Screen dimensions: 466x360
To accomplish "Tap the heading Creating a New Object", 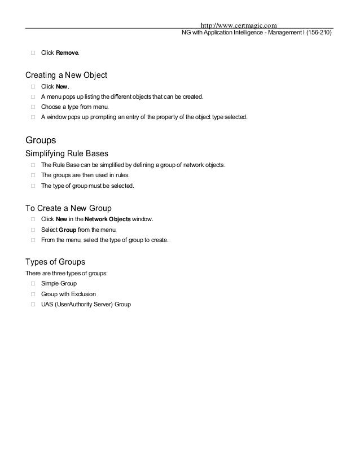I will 67,75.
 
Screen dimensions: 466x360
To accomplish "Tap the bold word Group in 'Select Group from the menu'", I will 68,230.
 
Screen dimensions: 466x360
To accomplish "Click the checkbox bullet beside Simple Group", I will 33,283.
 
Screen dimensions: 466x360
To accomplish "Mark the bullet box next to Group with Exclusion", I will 33,294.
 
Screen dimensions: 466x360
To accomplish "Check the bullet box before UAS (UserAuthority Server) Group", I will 33,305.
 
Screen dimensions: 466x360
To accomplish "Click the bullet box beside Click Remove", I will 33,53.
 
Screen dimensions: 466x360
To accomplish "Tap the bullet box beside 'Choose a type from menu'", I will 33,107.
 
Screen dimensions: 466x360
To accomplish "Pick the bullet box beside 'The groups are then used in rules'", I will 33,175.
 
